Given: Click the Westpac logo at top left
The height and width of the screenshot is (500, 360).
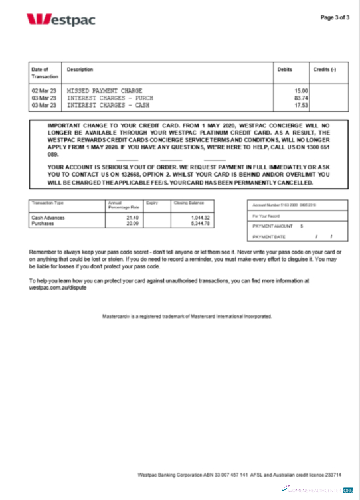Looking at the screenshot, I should coord(61,19).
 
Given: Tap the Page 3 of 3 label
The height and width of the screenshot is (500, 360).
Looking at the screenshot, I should coord(335,17).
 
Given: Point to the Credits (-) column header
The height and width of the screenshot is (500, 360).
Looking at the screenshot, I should coord(325,70).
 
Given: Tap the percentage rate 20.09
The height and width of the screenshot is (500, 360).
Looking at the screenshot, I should coord(134,224).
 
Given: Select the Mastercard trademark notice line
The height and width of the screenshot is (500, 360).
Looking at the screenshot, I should coord(187,316).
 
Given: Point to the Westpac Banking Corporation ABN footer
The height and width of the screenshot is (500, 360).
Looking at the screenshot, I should coord(239,475).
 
